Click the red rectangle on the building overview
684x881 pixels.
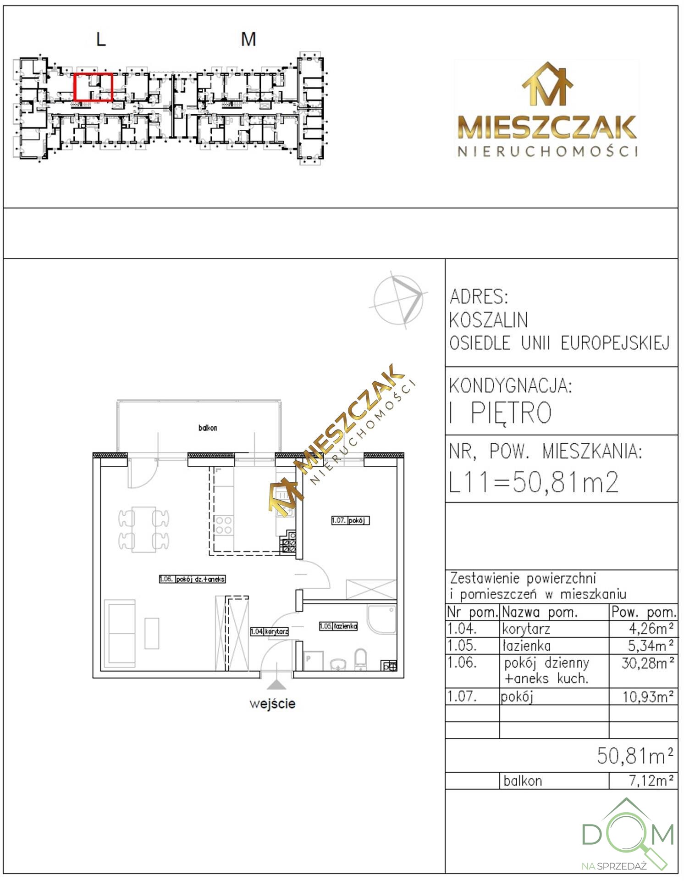pos(75,87)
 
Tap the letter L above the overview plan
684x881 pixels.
pos(101,39)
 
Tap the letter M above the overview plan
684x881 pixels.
pos(248,39)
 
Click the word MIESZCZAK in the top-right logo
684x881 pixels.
pos(547,127)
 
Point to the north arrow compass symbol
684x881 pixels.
pos(398,299)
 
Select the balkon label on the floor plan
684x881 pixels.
pos(208,428)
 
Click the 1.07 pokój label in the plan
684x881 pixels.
pos(350,520)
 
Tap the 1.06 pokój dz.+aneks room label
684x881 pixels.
pos(193,579)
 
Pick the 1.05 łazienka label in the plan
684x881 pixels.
pos(338,626)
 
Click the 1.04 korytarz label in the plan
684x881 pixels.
pos(270,631)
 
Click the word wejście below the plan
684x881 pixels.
pos(272,703)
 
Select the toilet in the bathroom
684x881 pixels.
pos(361,659)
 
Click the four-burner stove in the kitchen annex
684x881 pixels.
pos(223,525)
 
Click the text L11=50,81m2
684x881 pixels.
pos(534,482)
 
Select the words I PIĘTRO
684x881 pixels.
pos(500,413)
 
